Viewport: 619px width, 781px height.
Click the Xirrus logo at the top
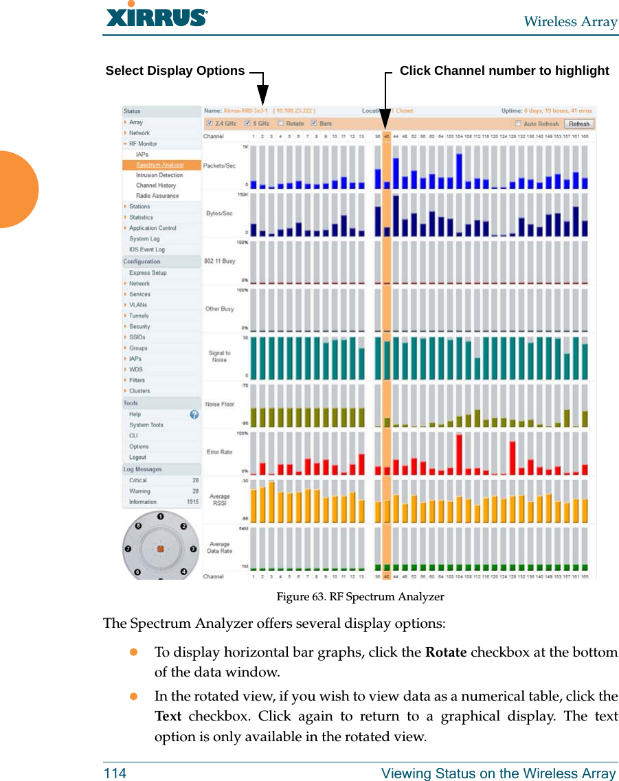[x=157, y=16]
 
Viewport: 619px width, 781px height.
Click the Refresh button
[x=578, y=124]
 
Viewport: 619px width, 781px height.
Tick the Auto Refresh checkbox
[x=518, y=124]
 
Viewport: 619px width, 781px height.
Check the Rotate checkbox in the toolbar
[x=280, y=124]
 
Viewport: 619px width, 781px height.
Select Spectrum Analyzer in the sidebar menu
[x=159, y=165]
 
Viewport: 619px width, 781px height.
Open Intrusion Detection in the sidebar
[x=159, y=175]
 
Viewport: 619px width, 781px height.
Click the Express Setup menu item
[x=148, y=273]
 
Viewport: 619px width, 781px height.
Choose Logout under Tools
[x=137, y=457]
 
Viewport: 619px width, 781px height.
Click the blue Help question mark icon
[x=194, y=415]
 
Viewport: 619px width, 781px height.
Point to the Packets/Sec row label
[x=220, y=166]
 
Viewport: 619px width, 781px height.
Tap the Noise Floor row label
[x=220, y=405]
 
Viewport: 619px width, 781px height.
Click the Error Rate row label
[x=220, y=452]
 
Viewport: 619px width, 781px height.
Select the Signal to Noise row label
[x=220, y=356]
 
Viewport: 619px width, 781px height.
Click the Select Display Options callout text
[x=175, y=71]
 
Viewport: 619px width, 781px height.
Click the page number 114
[x=115, y=773]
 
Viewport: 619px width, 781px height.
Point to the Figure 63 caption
[x=360, y=597]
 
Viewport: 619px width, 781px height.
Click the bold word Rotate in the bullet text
[x=446, y=653]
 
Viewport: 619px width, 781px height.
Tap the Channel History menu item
[x=156, y=185]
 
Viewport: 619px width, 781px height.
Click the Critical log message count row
[x=161, y=481]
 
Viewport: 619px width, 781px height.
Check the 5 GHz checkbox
[x=247, y=124]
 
